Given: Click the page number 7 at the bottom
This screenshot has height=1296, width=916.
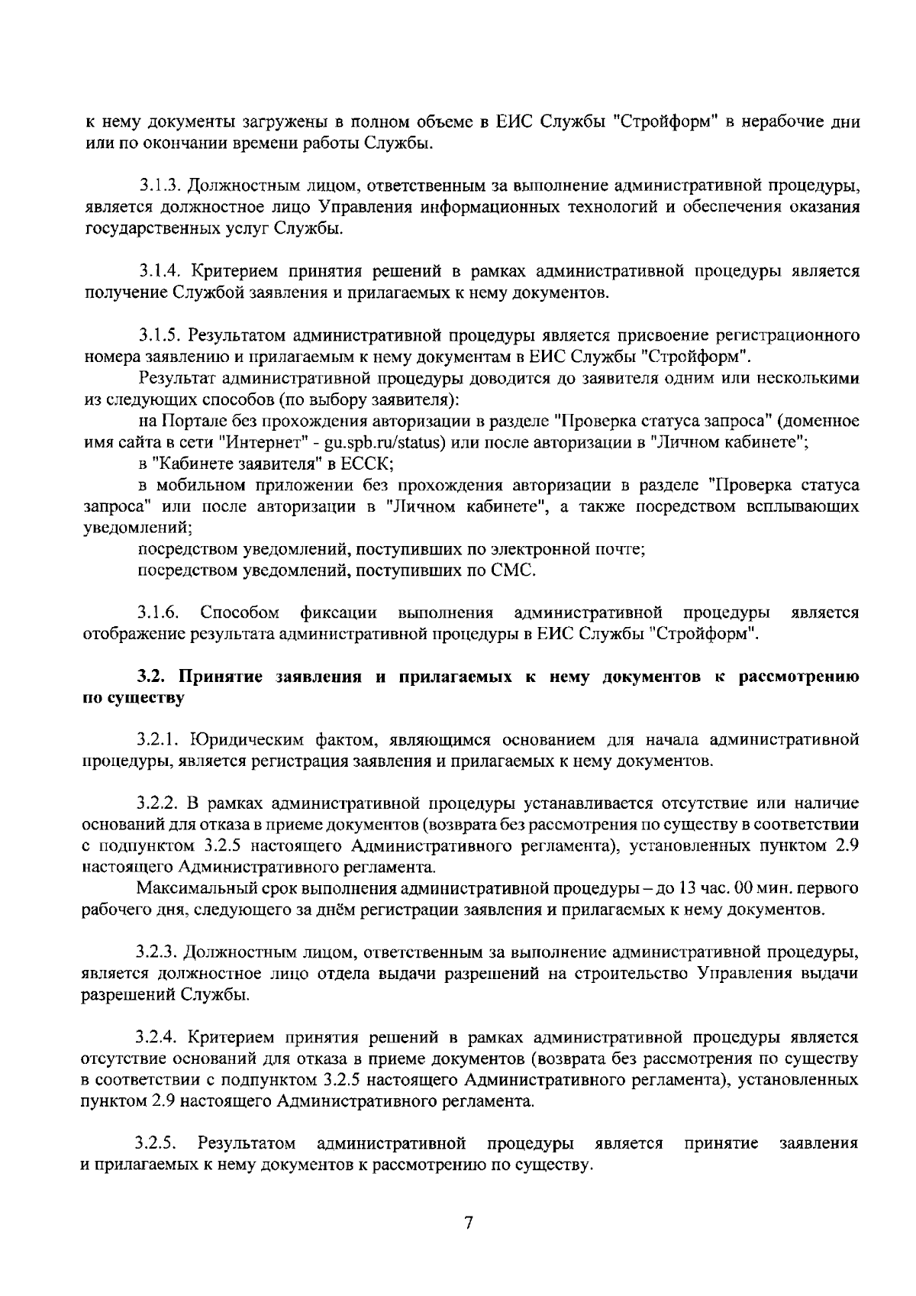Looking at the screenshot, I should pos(469,1223).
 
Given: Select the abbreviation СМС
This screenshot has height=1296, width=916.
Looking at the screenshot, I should pos(517,570).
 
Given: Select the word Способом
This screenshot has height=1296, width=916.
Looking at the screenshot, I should pos(238,612).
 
